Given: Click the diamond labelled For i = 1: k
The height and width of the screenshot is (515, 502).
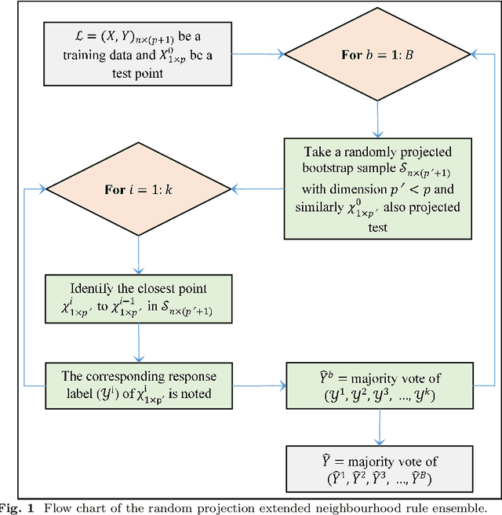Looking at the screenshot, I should tap(138, 190).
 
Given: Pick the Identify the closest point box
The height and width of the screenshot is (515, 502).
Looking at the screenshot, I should tap(138, 298).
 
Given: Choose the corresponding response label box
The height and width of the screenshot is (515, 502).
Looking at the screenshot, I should tap(138, 385).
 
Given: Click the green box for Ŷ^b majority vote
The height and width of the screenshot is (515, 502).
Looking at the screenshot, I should tap(379, 385).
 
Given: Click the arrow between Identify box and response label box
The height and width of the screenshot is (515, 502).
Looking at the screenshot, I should tap(138, 342).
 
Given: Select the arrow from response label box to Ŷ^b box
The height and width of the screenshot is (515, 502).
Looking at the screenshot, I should tap(259, 385).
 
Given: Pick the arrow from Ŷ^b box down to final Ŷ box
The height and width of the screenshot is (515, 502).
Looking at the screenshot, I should tap(379, 428).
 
